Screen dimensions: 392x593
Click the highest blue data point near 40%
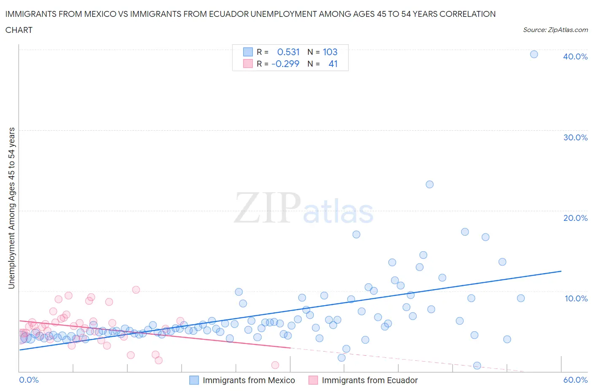pos(534,54)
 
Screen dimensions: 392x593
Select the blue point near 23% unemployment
pos(429,184)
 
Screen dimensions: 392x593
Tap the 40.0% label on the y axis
pos(575,56)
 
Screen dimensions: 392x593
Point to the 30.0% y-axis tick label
pos(575,137)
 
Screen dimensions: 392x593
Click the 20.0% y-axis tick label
pos(575,218)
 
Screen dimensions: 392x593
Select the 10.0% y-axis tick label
pos(575,298)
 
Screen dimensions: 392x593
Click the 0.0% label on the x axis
pos(29,380)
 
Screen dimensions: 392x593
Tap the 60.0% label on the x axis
pos(575,380)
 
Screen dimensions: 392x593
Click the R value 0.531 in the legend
pos(288,52)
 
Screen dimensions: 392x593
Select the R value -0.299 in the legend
pos(286,64)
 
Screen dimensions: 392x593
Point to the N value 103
pos(330,52)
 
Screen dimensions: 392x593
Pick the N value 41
pos(333,64)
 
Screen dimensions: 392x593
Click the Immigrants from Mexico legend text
pos(249,380)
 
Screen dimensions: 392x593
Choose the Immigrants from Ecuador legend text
pos(369,380)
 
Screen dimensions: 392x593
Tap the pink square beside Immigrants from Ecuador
pos(313,380)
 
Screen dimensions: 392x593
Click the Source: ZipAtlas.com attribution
pos(555,30)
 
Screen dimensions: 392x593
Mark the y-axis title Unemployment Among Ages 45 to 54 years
pos(12,208)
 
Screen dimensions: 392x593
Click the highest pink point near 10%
pos(136,290)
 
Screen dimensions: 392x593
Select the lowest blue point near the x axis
pos(477,365)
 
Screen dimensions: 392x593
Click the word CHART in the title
pos(19,30)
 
